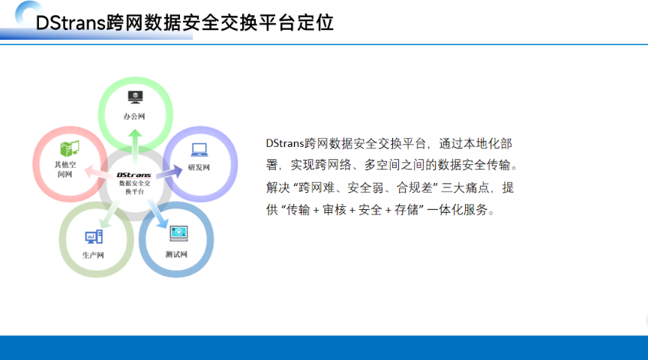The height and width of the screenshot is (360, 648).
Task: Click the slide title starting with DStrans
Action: [x=184, y=22]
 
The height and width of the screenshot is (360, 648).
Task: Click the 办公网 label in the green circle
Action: [x=134, y=117]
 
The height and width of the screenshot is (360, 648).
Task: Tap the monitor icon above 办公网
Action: [x=134, y=97]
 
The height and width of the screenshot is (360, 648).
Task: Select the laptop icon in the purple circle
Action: [x=199, y=149]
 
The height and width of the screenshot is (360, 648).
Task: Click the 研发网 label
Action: [x=199, y=167]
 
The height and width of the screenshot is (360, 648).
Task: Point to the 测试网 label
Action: [x=176, y=254]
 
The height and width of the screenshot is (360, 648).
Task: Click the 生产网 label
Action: [x=93, y=255]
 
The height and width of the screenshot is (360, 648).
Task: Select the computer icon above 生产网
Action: [x=94, y=237]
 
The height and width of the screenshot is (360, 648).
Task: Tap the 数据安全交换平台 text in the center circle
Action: [x=134, y=187]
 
